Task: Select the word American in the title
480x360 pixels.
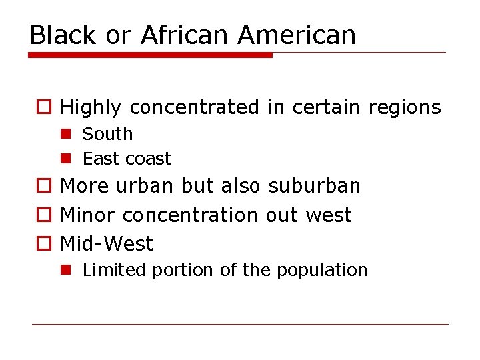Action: (x=297, y=35)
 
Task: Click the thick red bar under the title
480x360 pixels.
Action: (x=151, y=55)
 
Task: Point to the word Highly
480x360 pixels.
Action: (x=91, y=107)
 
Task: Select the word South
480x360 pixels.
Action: (x=107, y=134)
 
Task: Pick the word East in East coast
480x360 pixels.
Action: (x=97, y=159)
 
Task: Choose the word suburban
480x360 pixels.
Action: (x=314, y=186)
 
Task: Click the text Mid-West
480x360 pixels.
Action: (x=107, y=244)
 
